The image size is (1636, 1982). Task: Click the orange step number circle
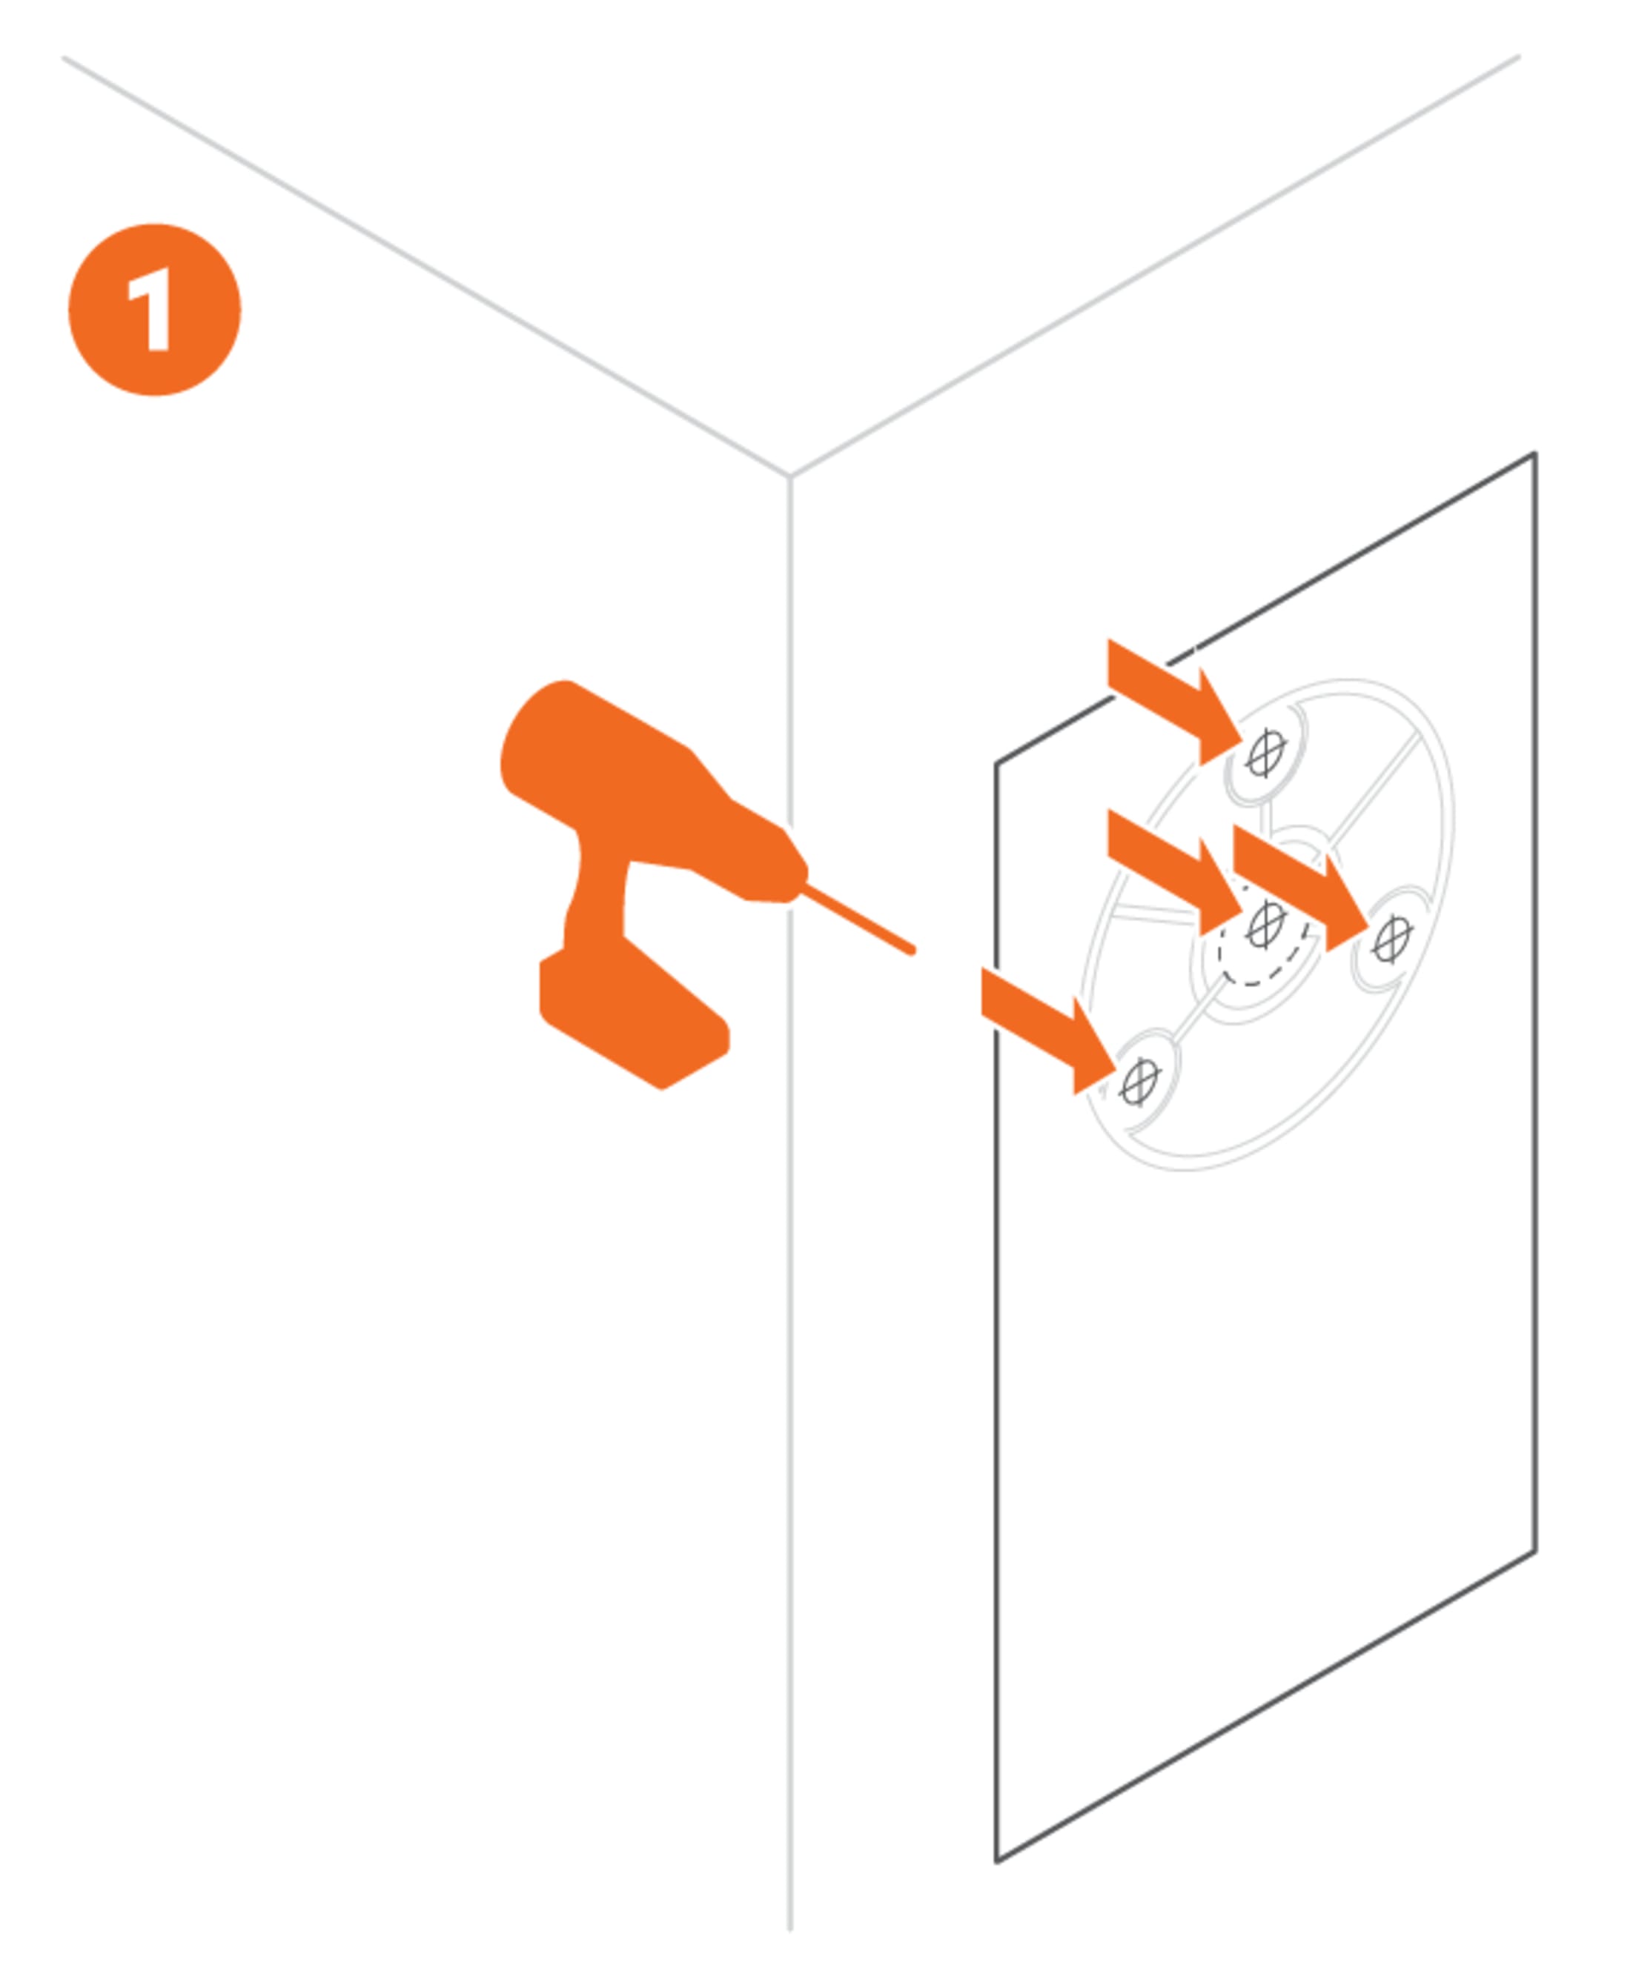[154, 310]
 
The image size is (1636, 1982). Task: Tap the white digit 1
[150, 309]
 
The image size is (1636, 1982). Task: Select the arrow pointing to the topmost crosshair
[1173, 701]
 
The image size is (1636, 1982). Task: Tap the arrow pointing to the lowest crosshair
[1048, 1030]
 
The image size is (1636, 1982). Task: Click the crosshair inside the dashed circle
[1265, 925]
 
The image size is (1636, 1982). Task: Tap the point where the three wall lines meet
[789, 476]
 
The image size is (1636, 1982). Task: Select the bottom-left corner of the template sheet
[997, 1861]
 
